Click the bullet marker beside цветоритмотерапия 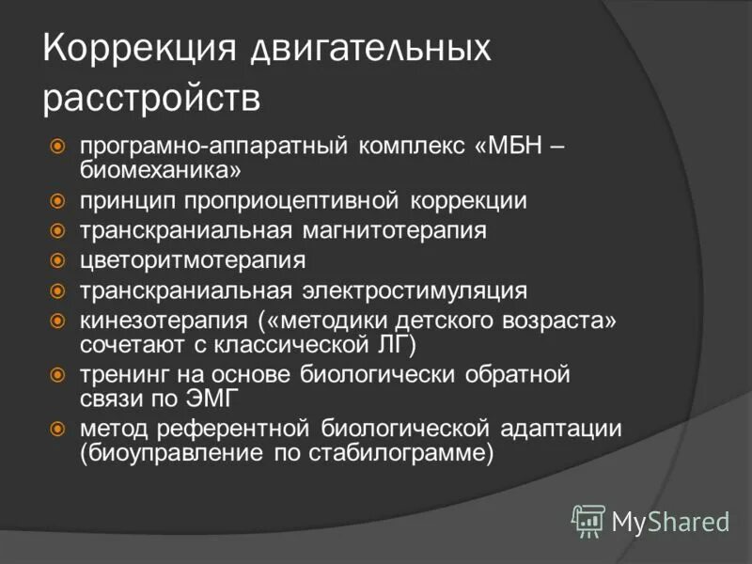point(57,259)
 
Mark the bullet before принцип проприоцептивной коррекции point(57,201)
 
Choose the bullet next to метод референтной point(57,429)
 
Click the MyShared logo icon point(588,519)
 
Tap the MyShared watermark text point(670,520)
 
